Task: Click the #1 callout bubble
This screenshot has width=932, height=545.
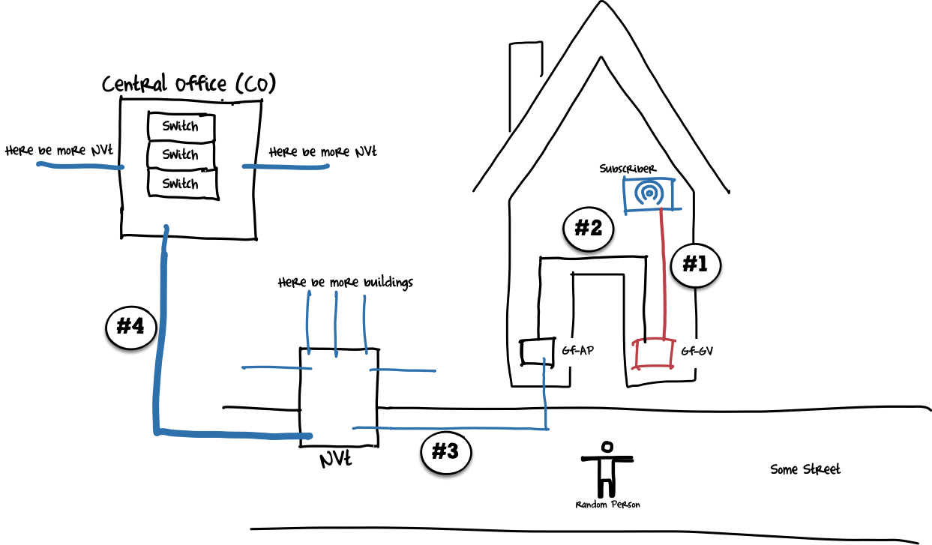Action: pyautogui.click(x=695, y=265)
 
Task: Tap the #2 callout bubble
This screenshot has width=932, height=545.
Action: pyautogui.click(x=589, y=229)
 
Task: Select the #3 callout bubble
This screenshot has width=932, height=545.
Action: pyautogui.click(x=446, y=452)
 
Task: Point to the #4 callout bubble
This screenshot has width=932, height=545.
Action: pyautogui.click(x=131, y=328)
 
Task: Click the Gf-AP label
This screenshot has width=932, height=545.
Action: pyautogui.click(x=578, y=352)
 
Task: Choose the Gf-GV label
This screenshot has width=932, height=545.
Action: pyautogui.click(x=697, y=352)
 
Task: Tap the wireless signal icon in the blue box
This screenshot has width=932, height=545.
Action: pyautogui.click(x=649, y=193)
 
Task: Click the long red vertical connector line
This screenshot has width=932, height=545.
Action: pyautogui.click(x=664, y=274)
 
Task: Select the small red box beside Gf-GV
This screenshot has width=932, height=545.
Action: pyautogui.click(x=653, y=353)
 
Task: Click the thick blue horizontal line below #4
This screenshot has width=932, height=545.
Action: pyautogui.click(x=232, y=434)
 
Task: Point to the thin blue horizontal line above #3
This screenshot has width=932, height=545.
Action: pyautogui.click(x=450, y=428)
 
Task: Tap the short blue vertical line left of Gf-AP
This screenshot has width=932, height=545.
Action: pyautogui.click(x=545, y=394)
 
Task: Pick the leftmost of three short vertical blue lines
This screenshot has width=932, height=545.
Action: pyautogui.click(x=307, y=322)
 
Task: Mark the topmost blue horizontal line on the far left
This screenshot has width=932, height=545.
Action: pyautogui.click(x=80, y=166)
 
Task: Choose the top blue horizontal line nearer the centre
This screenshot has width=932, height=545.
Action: pyautogui.click(x=286, y=166)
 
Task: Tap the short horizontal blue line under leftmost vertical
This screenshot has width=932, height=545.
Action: pyautogui.click(x=277, y=367)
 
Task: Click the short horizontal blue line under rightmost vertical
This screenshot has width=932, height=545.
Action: pyautogui.click(x=403, y=370)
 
